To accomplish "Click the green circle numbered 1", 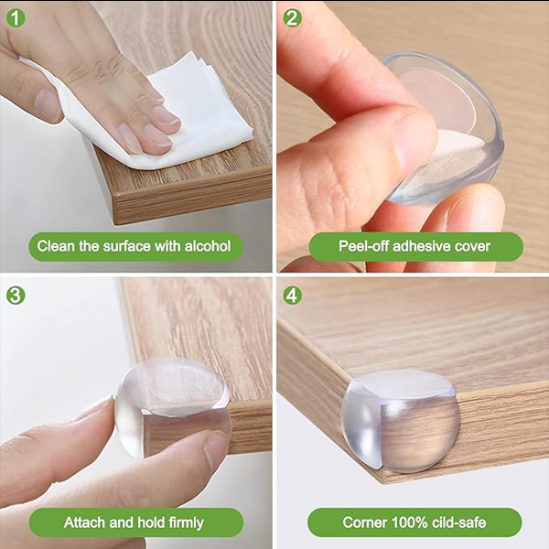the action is click(16, 18).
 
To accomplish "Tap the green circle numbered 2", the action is click(292, 18).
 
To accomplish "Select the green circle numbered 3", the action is click(16, 296).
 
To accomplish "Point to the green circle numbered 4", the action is click(292, 296).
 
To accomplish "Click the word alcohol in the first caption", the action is click(208, 246).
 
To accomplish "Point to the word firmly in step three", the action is click(186, 522).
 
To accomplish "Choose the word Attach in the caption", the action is click(85, 522).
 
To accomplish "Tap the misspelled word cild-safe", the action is click(458, 522).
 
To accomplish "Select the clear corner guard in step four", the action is click(399, 419).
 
